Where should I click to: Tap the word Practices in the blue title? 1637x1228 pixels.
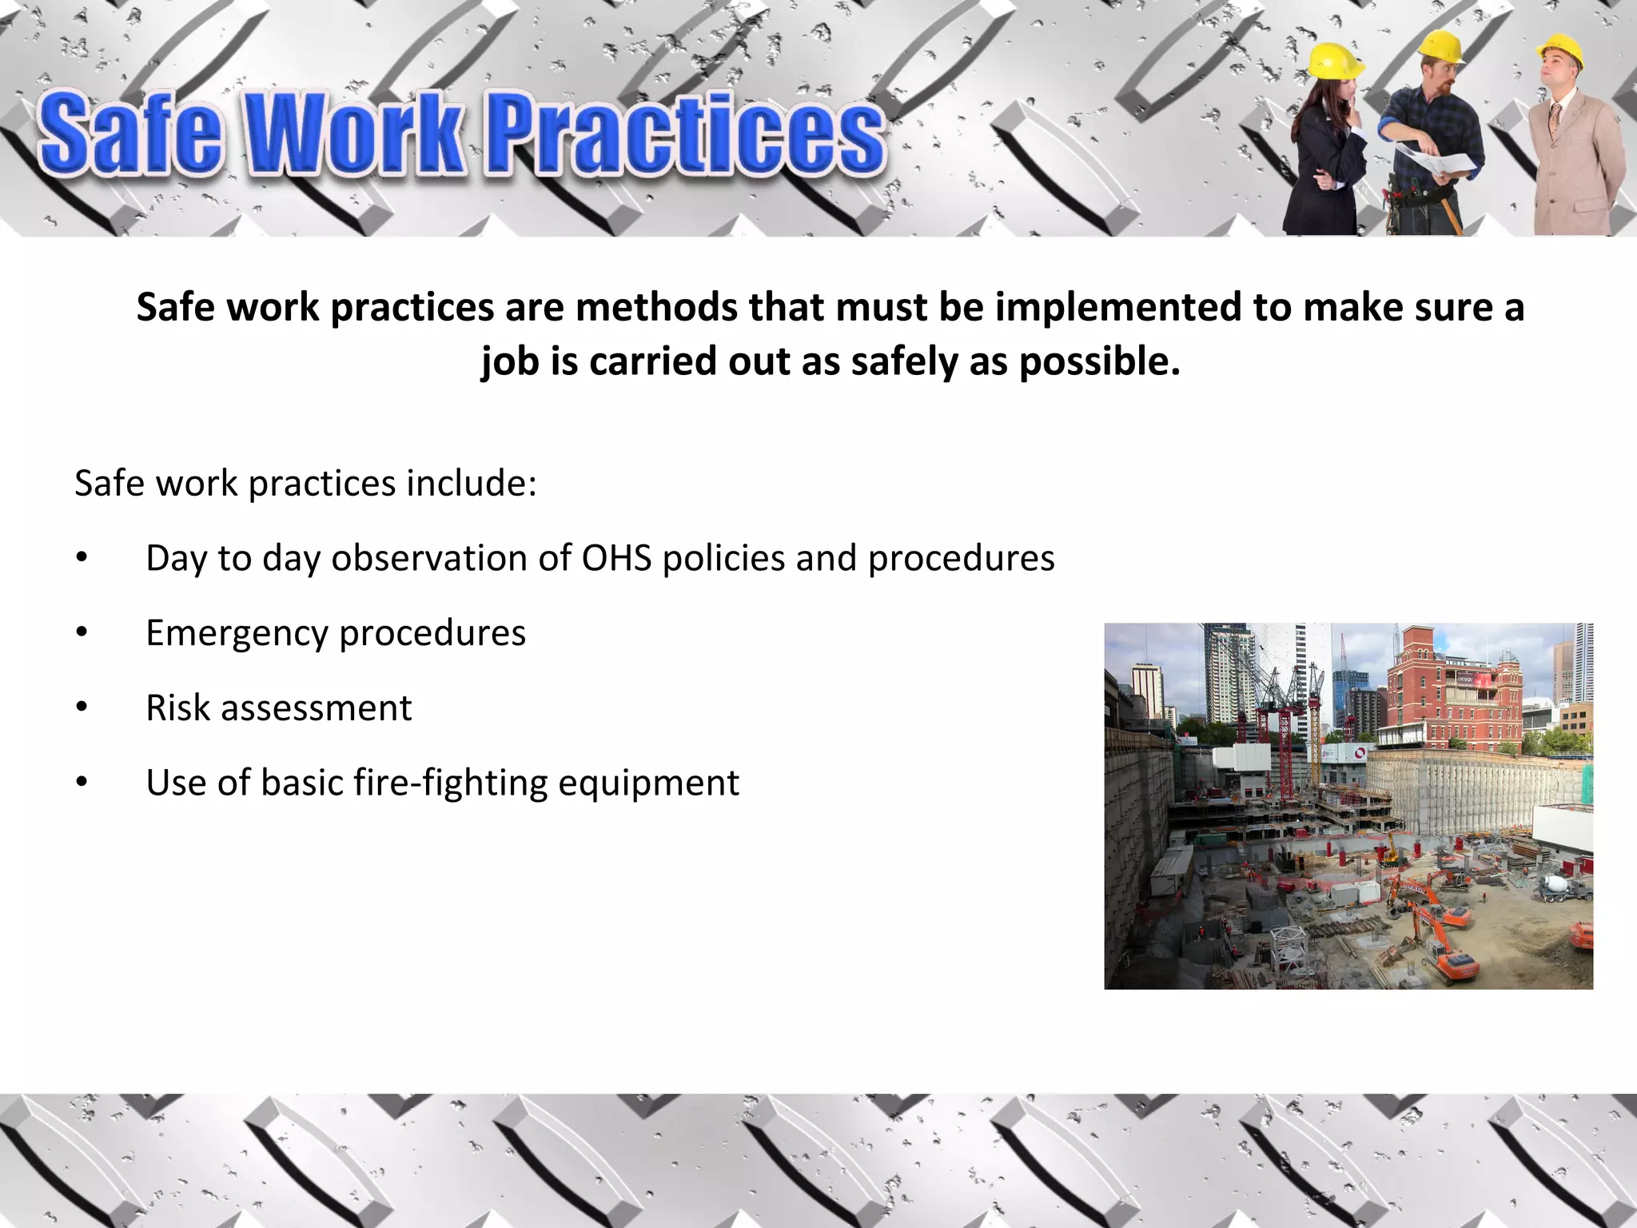[686, 134]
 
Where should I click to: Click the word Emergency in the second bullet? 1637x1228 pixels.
[237, 634]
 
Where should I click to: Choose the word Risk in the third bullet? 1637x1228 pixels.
[177, 708]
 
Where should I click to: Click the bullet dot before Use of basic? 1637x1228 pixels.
[82, 783]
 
